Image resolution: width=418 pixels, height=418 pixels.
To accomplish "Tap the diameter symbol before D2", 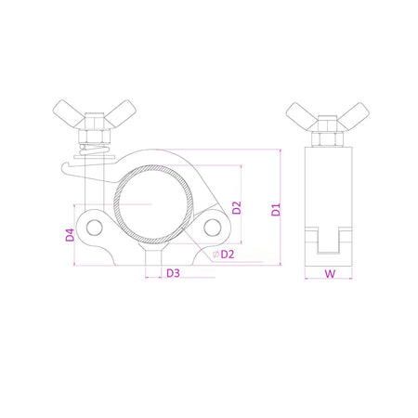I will click(x=215, y=254).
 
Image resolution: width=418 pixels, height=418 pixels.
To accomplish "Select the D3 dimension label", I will click(x=172, y=274).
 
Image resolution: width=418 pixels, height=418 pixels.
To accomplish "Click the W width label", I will click(x=330, y=274).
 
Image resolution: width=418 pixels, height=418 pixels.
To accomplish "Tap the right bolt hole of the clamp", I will click(x=213, y=228).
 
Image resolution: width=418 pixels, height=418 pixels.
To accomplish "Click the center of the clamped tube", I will click(x=150, y=199).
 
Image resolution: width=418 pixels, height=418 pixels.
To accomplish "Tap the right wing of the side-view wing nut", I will click(x=357, y=115).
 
